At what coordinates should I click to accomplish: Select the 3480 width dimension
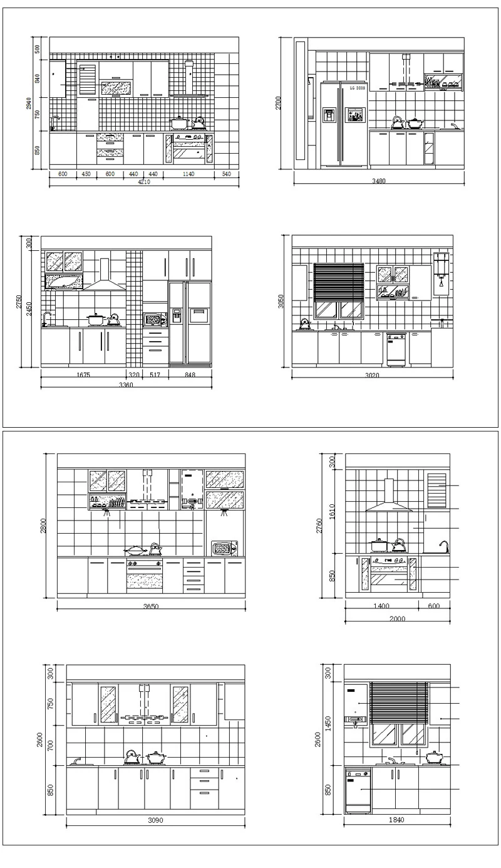tap(378, 182)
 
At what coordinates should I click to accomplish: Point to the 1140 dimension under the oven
tap(189, 174)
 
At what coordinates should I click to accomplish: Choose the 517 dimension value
tap(153, 375)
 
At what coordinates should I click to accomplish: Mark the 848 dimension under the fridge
tap(190, 375)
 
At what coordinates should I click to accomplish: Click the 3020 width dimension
tap(372, 376)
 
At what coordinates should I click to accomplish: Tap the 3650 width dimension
tap(150, 607)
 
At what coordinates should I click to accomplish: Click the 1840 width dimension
tap(396, 820)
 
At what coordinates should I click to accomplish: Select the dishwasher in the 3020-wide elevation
tap(395, 349)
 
